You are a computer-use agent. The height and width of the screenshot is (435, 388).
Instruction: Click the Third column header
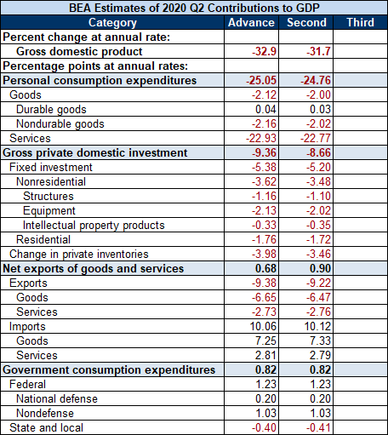(x=360, y=22)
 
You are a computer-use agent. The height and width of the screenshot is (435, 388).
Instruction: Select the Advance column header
(x=251, y=22)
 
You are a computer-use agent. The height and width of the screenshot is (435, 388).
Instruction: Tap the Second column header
(x=306, y=22)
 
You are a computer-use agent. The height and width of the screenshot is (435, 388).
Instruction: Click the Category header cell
(x=112, y=23)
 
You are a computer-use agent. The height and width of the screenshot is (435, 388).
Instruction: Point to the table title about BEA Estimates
(x=194, y=8)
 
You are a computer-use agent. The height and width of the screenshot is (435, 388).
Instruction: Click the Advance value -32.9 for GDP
(x=264, y=51)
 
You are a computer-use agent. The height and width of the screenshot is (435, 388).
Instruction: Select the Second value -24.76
(x=316, y=80)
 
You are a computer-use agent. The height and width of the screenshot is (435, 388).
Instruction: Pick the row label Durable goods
(x=51, y=110)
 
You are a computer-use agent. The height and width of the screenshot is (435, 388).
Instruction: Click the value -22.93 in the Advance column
(x=261, y=138)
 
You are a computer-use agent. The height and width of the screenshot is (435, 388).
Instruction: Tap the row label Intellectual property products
(x=94, y=226)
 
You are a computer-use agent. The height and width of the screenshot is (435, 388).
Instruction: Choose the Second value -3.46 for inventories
(x=318, y=254)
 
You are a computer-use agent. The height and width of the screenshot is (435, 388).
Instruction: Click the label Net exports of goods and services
(x=94, y=269)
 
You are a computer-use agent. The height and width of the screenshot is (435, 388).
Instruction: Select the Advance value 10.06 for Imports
(x=263, y=326)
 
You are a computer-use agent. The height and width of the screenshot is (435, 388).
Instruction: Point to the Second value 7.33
(x=320, y=341)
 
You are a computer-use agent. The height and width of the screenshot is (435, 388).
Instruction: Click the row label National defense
(x=57, y=398)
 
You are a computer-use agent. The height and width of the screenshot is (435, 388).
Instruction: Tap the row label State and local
(x=46, y=427)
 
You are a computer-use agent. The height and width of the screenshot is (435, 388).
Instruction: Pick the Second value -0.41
(x=318, y=427)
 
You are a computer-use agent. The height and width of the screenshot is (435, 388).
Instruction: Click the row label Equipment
(x=49, y=211)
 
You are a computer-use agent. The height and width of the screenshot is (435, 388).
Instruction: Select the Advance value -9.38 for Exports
(x=264, y=283)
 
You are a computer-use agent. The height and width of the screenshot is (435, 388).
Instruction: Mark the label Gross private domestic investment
(x=95, y=153)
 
